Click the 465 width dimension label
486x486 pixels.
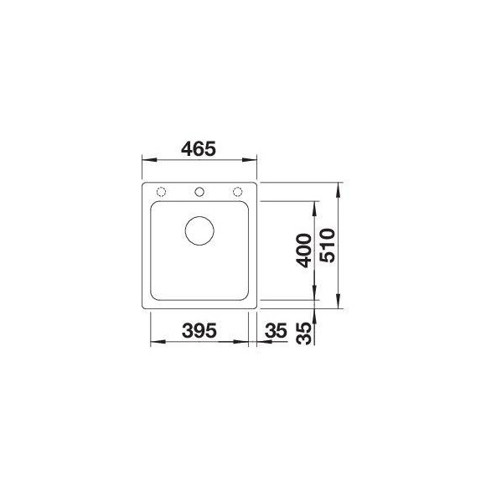198,149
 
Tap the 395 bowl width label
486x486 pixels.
199,330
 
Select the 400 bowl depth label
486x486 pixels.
303,251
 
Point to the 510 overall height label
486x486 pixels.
328,246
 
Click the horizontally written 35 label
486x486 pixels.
277,330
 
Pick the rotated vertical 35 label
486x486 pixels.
303,333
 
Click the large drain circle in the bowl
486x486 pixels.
199,231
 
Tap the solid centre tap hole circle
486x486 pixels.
199,192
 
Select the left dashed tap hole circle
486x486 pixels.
161,192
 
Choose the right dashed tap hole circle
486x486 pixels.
237,192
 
